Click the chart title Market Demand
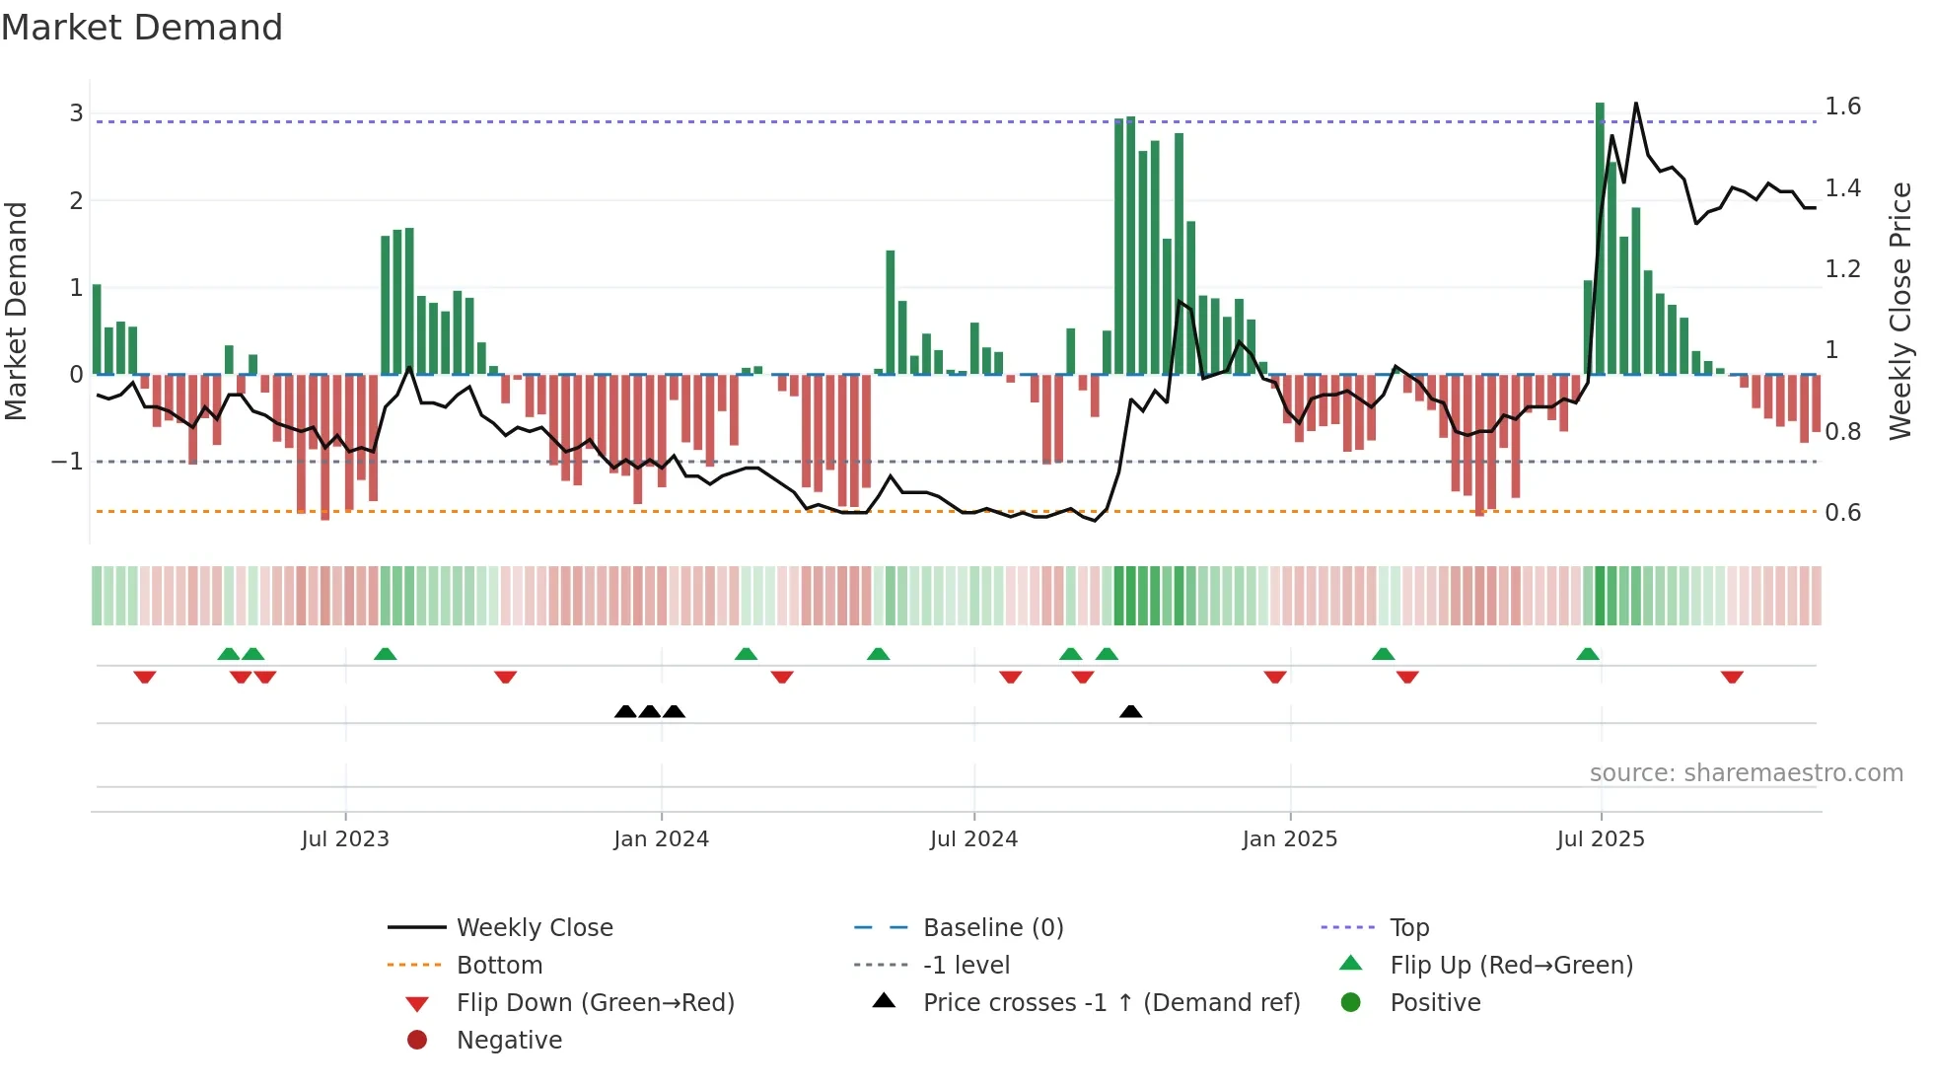pos(142,28)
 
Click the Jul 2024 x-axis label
pos(973,839)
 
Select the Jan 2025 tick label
pos(1289,839)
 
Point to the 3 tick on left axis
pos(76,113)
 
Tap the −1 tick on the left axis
pos(68,462)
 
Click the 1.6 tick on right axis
pos(1842,107)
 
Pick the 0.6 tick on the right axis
pos(1842,513)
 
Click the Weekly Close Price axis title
pos(1899,311)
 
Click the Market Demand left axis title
pos(17,311)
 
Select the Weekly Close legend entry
pos(534,928)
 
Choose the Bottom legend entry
pos(499,966)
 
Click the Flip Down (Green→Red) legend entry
pos(595,1003)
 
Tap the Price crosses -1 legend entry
pos(1110,1003)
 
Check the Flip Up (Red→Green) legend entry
pos(1511,966)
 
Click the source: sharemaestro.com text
pos(1746,773)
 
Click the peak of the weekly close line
pos(1635,104)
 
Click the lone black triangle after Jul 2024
pos(1131,711)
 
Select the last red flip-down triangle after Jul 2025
pos(1732,678)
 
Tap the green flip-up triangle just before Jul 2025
pos(1588,654)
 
